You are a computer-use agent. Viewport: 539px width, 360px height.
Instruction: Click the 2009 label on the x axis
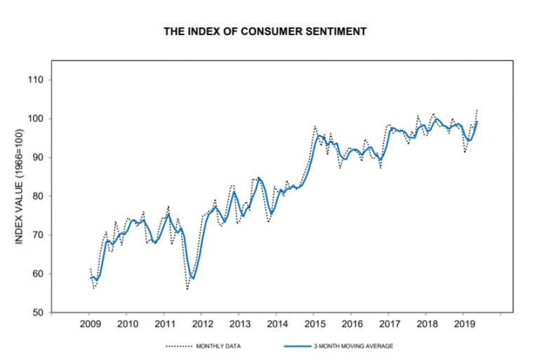[x=90, y=324]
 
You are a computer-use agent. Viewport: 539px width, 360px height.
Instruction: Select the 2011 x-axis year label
[x=164, y=324]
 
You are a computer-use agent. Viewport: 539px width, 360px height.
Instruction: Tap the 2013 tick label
[x=239, y=324]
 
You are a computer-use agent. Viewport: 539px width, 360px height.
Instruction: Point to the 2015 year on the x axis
[x=313, y=324]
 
